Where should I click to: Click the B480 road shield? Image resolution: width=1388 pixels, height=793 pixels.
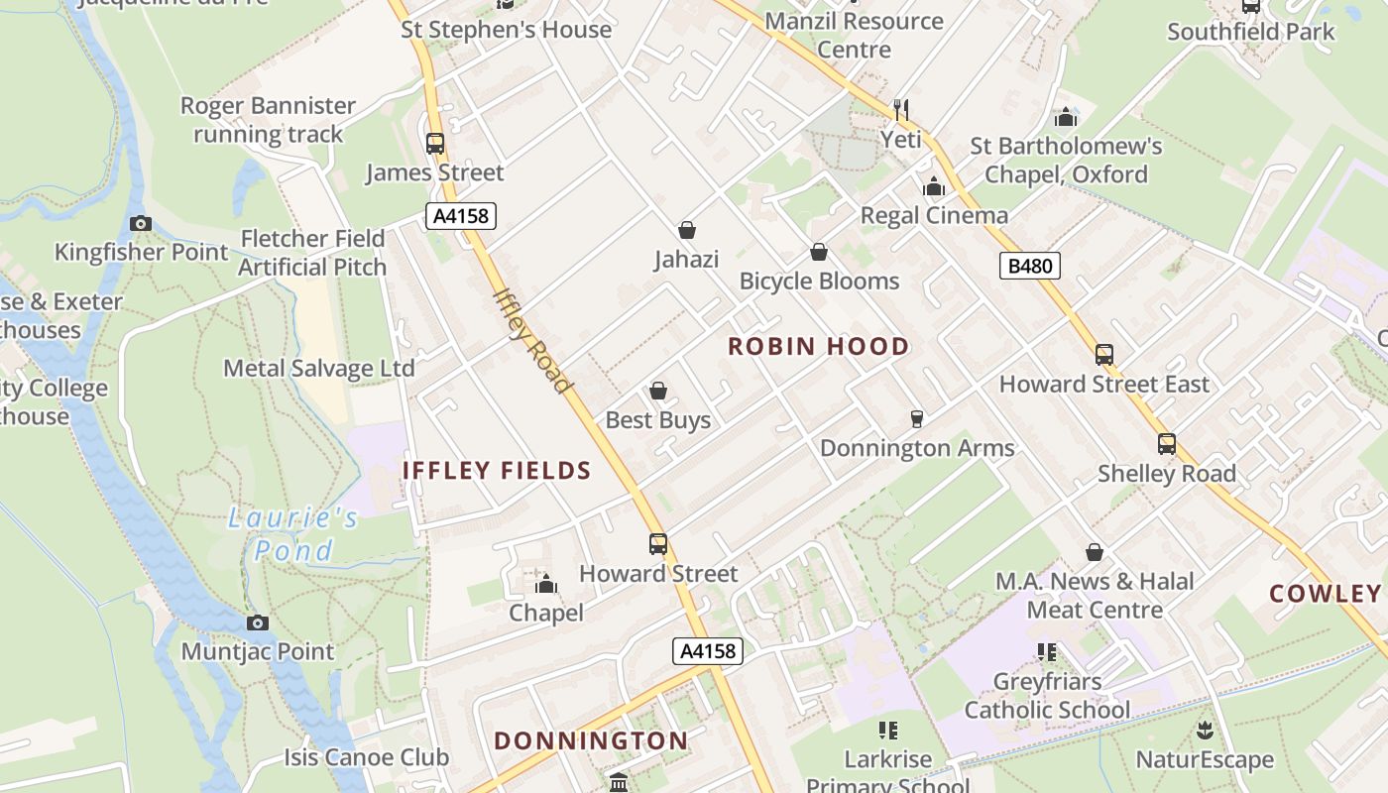pyautogui.click(x=1030, y=266)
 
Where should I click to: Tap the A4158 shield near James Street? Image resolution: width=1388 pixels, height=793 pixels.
pyautogui.click(x=461, y=216)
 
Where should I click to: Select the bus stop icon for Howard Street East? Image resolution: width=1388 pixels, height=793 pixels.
pyautogui.click(x=1103, y=355)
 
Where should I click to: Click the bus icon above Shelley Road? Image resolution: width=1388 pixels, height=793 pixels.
pyautogui.click(x=1166, y=444)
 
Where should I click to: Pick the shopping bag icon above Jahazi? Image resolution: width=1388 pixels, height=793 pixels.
pyautogui.click(x=686, y=231)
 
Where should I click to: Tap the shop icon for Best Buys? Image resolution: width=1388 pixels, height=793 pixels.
pyautogui.click(x=657, y=392)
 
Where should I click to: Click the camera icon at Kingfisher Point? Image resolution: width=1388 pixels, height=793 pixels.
pyautogui.click(x=141, y=223)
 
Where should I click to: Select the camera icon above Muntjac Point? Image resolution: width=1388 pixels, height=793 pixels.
pyautogui.click(x=257, y=623)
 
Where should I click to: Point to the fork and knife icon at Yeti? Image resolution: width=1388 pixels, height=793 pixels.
pyautogui.click(x=900, y=109)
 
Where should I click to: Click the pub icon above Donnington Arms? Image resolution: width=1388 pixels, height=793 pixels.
pyautogui.click(x=916, y=419)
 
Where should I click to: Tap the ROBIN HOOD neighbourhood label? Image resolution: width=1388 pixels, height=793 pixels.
pyautogui.click(x=818, y=346)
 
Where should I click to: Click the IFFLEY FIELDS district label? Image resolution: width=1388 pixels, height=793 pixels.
pyautogui.click(x=497, y=471)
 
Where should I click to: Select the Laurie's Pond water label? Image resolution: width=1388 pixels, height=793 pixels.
pyautogui.click(x=293, y=533)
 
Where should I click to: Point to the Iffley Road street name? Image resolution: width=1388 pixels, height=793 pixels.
pyautogui.click(x=532, y=340)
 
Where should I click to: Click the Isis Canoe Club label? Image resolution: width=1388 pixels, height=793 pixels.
pyautogui.click(x=367, y=757)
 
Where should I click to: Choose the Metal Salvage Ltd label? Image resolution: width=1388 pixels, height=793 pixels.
pyautogui.click(x=318, y=369)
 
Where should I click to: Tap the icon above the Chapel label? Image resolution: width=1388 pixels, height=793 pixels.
pyautogui.click(x=545, y=585)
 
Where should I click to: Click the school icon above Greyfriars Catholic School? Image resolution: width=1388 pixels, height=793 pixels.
pyautogui.click(x=1046, y=652)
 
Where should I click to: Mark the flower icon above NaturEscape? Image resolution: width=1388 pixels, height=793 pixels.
pyautogui.click(x=1204, y=732)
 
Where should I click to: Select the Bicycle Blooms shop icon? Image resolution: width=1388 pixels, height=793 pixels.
pyautogui.click(x=819, y=253)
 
